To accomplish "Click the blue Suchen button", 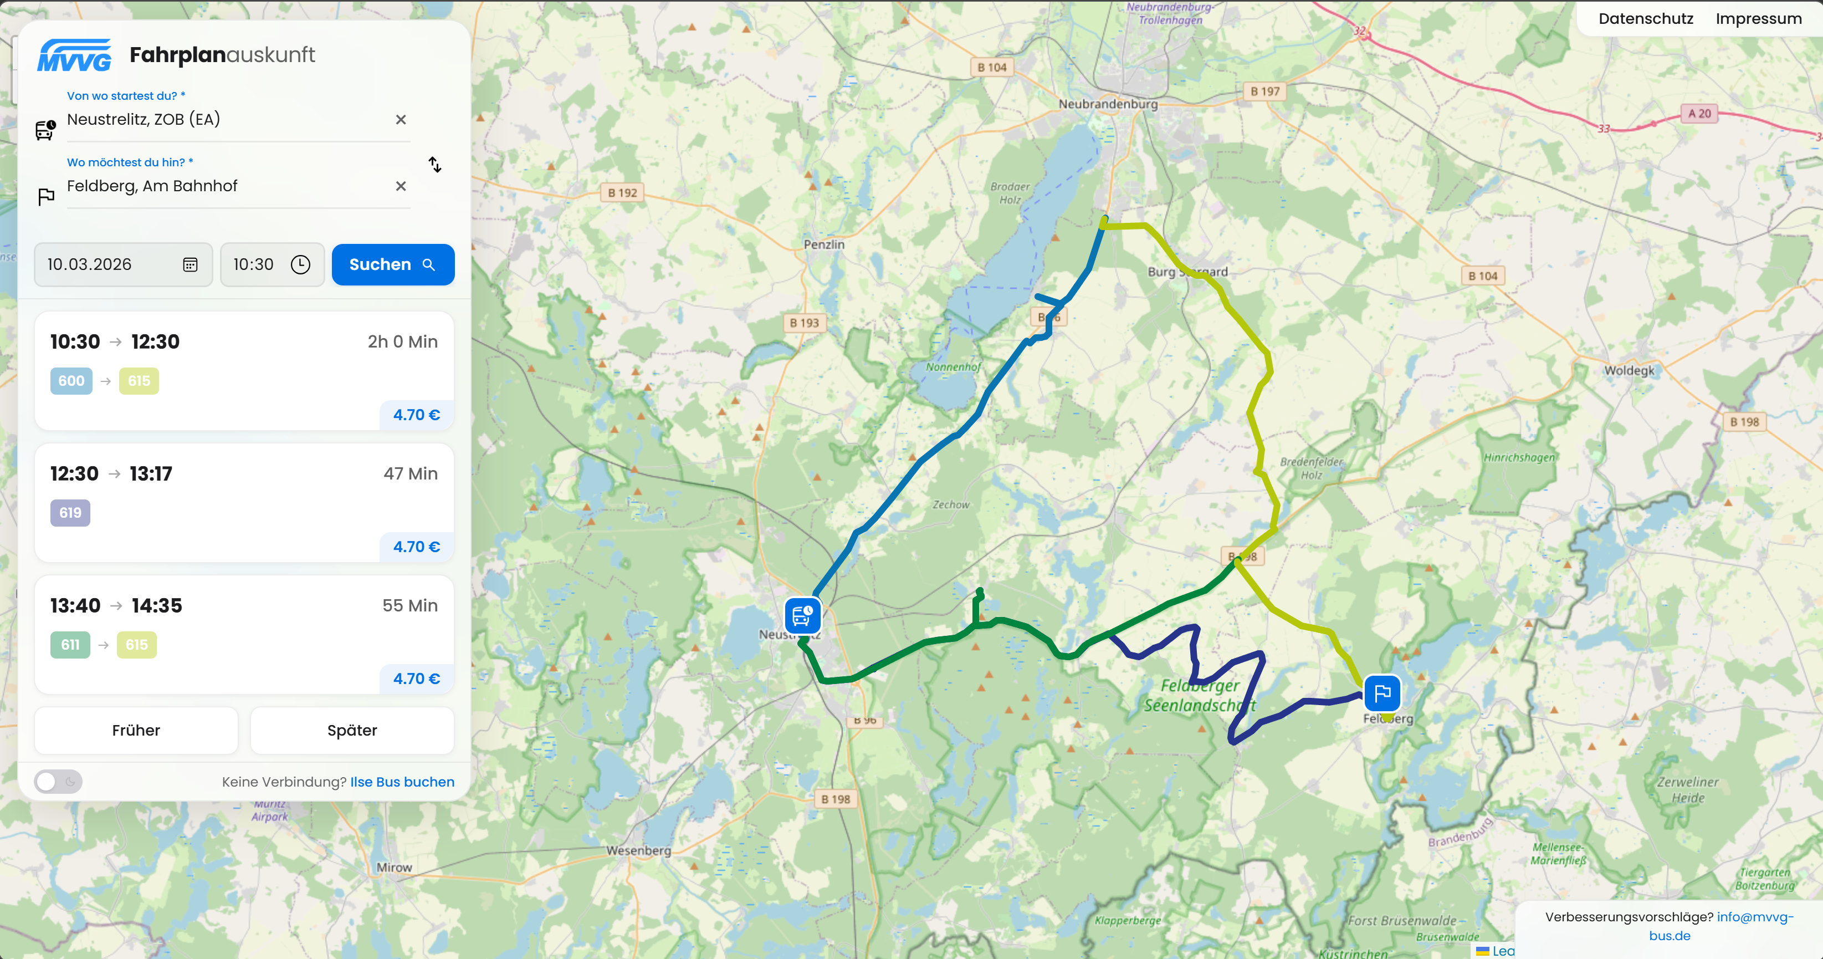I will tap(393, 265).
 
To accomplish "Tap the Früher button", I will tap(136, 731).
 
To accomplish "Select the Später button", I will tap(352, 731).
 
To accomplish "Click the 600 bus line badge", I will tap(71, 381).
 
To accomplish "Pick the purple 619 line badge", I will tap(70, 512).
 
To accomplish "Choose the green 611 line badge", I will tap(70, 645).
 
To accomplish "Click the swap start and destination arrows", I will tap(434, 165).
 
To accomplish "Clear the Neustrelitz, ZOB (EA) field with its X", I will tap(401, 120).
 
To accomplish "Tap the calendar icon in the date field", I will tap(190, 265).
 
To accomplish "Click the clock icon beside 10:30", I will tap(301, 265).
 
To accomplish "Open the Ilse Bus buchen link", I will tap(402, 782).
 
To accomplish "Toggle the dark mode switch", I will tap(58, 782).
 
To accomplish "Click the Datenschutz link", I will tap(1645, 19).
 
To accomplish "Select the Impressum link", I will tap(1759, 19).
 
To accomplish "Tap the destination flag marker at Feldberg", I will tap(1381, 693).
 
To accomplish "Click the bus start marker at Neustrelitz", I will tap(802, 615).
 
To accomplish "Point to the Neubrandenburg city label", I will tap(1108, 104).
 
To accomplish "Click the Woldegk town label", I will tap(1629, 370).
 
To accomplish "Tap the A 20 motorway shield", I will tap(1698, 113).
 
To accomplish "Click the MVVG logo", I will tap(74, 55).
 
